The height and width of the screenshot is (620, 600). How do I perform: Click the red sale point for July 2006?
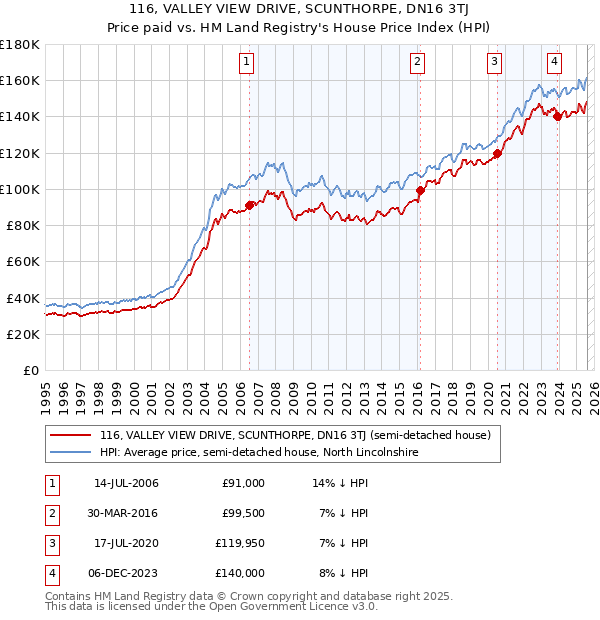pyautogui.click(x=249, y=205)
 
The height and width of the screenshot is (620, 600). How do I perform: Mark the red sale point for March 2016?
pyautogui.click(x=420, y=190)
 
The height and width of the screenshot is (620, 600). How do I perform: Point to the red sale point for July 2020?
pyautogui.click(x=496, y=153)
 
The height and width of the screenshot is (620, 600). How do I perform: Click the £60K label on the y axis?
pyautogui.click(x=23, y=261)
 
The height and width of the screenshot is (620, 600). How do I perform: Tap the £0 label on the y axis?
pyautogui.click(x=30, y=370)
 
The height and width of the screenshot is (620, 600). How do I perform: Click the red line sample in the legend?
pyautogui.click(x=70, y=436)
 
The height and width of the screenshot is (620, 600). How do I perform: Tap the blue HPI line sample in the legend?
pyautogui.click(x=70, y=453)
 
